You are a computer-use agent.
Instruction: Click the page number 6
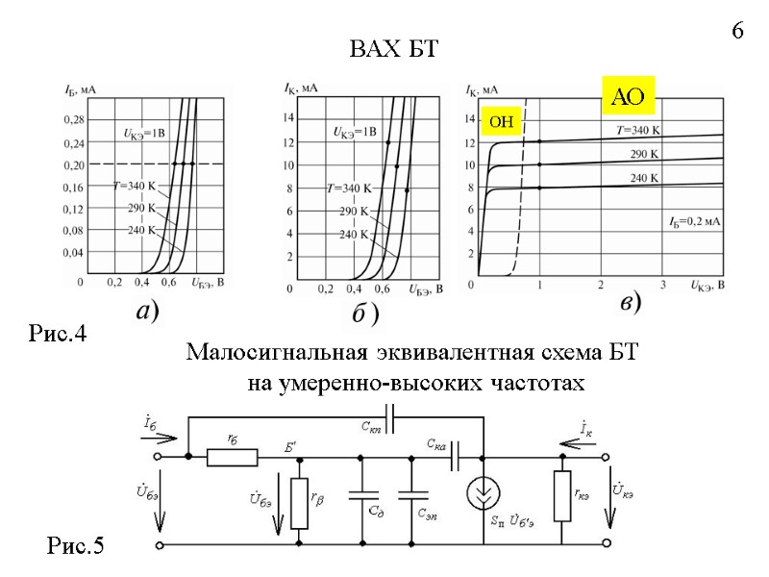pyautogui.click(x=737, y=31)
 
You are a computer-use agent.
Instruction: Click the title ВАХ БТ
pyautogui.click(x=392, y=50)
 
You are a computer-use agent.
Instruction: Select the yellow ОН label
pyautogui.click(x=502, y=122)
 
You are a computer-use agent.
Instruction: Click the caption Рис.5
pyautogui.click(x=75, y=547)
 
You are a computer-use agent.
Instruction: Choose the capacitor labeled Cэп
pyautogui.click(x=411, y=501)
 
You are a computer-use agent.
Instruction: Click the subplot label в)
pyautogui.click(x=630, y=303)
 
